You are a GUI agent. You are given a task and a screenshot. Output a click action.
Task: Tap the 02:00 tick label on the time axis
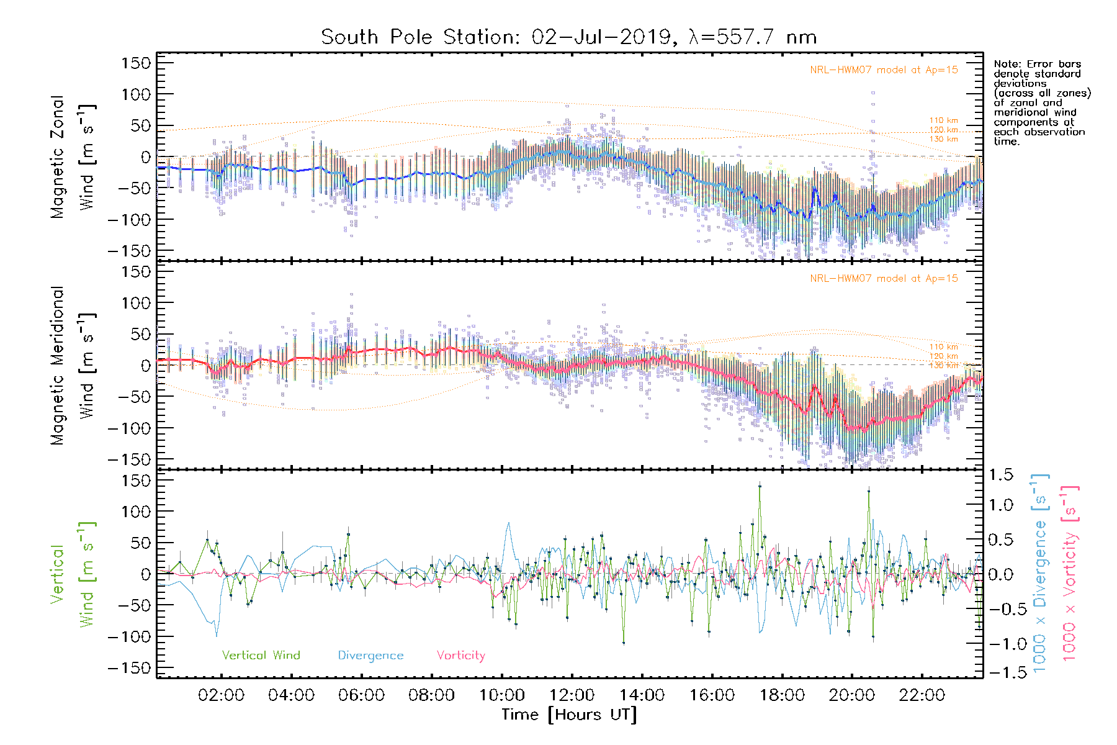[x=221, y=695]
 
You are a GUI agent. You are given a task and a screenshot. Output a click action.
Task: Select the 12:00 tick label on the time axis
[x=572, y=695]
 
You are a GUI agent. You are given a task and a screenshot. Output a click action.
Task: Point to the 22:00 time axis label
[x=922, y=695]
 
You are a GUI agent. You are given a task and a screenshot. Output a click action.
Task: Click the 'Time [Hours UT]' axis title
[x=569, y=715]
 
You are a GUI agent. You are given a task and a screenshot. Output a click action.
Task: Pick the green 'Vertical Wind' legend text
[x=261, y=656]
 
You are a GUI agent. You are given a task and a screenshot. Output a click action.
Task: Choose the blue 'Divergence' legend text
[x=370, y=656]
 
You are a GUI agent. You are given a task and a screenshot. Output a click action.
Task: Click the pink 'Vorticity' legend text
[x=460, y=656]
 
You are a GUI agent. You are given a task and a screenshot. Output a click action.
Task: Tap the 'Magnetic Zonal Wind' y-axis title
[x=73, y=157]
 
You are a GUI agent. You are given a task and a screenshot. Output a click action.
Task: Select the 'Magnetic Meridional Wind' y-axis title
[x=73, y=366]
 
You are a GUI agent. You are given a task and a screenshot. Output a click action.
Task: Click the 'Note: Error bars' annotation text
[x=1037, y=65]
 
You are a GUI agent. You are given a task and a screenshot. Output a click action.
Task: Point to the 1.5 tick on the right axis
[x=1000, y=475]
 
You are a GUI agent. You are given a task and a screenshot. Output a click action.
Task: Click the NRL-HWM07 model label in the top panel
[x=884, y=70]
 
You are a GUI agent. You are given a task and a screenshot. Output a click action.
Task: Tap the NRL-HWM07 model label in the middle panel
[x=884, y=279]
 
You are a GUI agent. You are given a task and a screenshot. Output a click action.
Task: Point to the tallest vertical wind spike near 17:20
[x=760, y=486]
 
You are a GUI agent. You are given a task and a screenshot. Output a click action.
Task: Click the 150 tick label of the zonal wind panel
[x=136, y=63]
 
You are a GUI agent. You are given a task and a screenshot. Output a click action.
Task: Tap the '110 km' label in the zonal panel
[x=943, y=120]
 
